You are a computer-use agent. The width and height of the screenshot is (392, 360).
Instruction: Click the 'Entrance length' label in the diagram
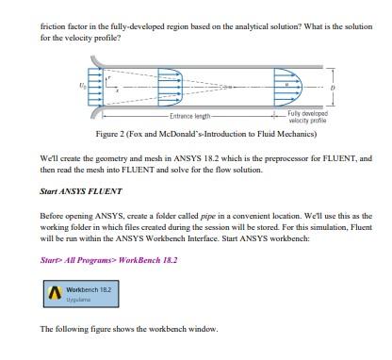tap(189, 116)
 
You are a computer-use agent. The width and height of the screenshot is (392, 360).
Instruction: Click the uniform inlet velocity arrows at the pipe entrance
tap(95, 87)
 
